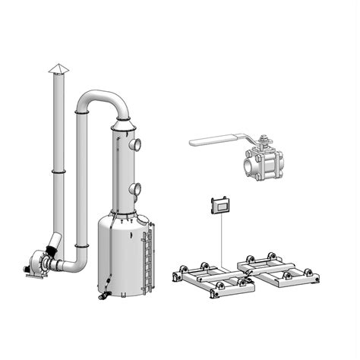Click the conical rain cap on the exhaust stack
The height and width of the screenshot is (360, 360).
(58, 70)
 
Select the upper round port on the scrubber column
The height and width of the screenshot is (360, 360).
(134, 144)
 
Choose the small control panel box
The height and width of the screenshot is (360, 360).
(221, 205)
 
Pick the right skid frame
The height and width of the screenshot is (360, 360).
(277, 269)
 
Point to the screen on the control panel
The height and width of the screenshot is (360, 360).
(222, 205)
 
